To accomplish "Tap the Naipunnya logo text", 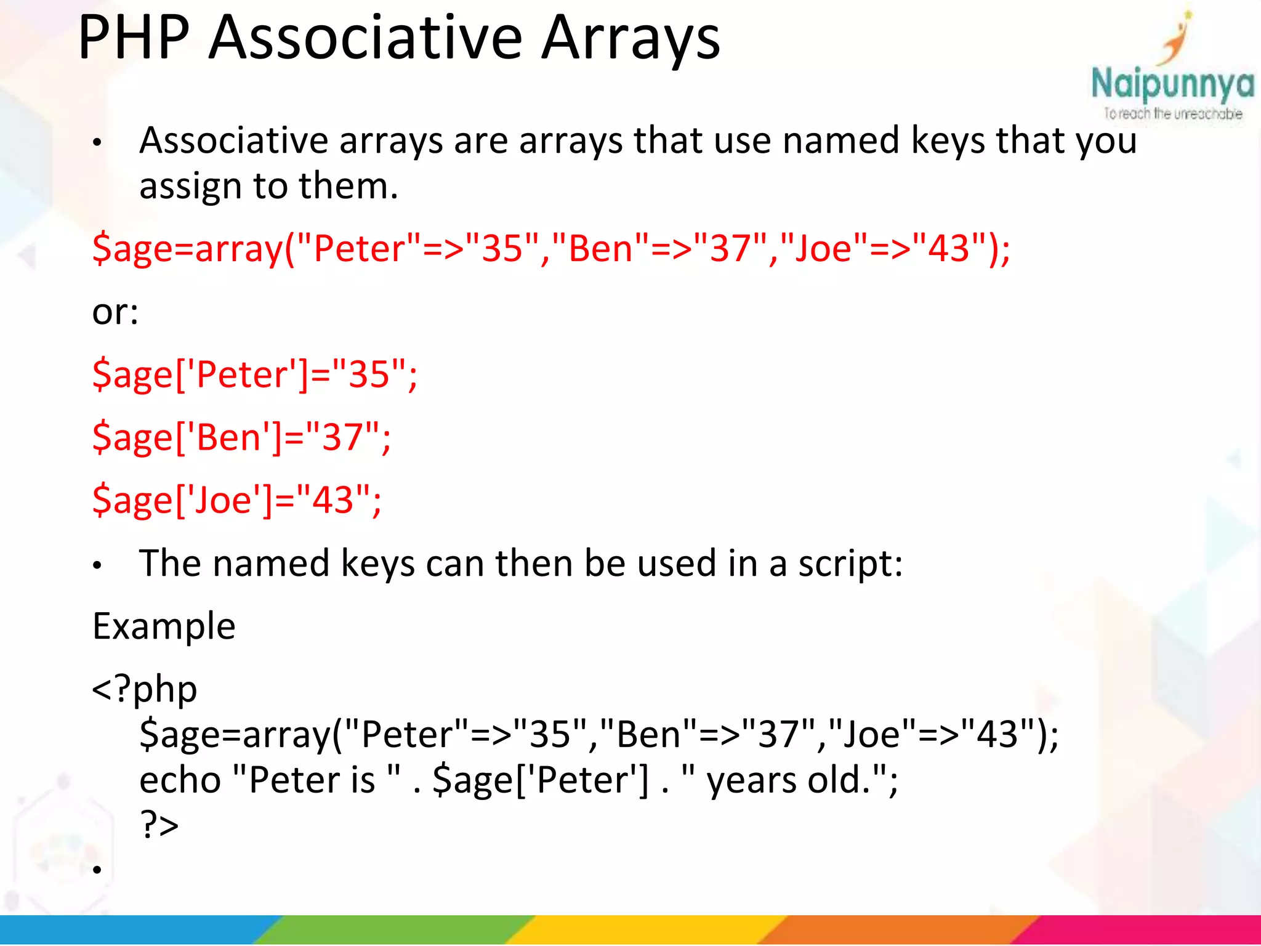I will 1172,85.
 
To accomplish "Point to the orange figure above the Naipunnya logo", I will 1176,40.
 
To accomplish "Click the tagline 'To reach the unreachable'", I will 1172,114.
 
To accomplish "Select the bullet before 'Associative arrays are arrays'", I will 97,143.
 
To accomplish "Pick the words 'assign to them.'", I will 269,186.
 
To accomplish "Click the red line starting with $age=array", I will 551,249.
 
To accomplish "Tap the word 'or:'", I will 115,312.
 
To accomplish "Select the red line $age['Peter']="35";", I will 255,374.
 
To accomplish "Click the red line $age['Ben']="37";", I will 241,437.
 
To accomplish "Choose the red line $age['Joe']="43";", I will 237,499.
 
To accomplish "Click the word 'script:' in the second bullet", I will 850,564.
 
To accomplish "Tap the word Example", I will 164,626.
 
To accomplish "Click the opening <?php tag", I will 145,689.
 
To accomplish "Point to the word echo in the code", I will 180,780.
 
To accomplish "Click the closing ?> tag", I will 159,825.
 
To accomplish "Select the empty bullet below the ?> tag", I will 97,870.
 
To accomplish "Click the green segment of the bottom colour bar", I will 394,929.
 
